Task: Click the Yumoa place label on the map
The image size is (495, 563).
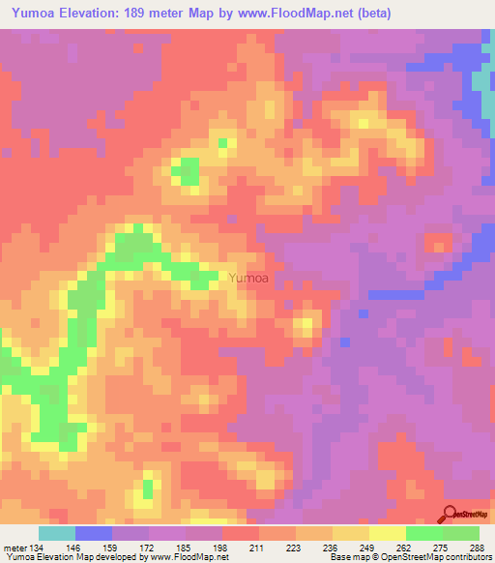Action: [x=247, y=279]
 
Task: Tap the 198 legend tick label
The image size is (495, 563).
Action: [x=222, y=548]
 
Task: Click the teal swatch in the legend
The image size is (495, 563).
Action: [x=57, y=533]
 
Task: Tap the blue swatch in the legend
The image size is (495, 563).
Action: [x=94, y=533]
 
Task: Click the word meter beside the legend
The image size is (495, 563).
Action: [x=14, y=548]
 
